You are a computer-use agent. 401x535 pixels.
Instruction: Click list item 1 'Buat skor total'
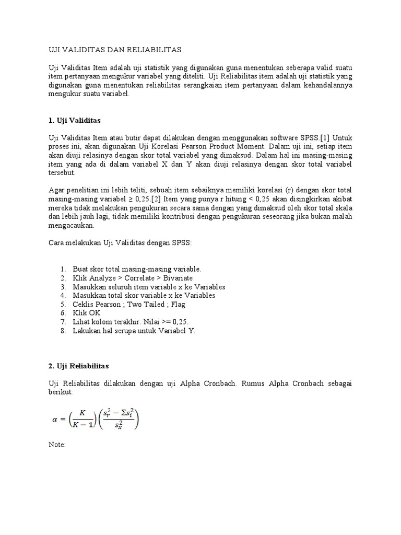(137, 269)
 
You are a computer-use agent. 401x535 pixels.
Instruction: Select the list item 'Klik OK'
(87, 313)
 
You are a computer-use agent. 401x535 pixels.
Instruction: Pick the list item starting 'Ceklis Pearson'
(129, 304)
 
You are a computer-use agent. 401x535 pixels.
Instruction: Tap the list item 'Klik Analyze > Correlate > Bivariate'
(133, 278)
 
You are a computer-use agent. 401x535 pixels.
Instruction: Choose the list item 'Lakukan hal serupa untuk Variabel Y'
(134, 331)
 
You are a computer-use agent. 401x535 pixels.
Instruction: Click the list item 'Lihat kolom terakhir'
(131, 322)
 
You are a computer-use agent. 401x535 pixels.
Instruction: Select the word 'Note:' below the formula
(57, 445)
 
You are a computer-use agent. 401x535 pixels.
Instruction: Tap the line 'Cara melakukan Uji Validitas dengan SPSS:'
(120, 243)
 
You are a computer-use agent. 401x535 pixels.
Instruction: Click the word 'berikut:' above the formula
(60, 392)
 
